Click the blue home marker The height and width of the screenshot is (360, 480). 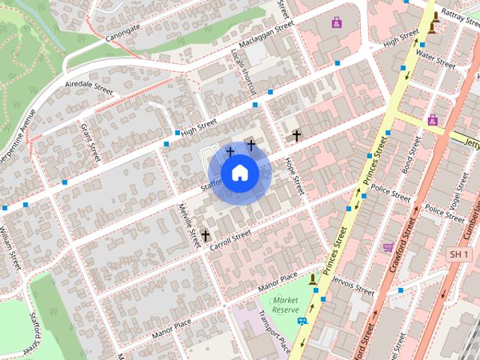[x=239, y=173]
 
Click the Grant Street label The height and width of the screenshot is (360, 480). [x=90, y=142]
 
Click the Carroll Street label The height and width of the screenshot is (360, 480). [x=230, y=240]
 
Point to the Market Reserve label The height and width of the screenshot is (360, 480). [x=285, y=304]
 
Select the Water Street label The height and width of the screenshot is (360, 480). [x=435, y=60]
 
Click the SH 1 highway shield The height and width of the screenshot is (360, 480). [x=458, y=256]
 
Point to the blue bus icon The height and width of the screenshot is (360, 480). [x=301, y=321]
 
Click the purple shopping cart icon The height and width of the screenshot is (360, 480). [x=388, y=247]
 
